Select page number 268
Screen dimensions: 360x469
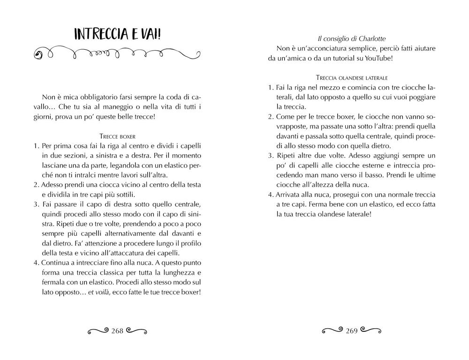pos(117,331)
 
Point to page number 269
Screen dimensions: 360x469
pos(351,331)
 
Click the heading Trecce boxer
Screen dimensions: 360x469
pos(118,136)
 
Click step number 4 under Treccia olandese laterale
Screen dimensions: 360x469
pos(271,194)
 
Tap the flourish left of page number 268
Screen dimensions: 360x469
pos(98,331)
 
